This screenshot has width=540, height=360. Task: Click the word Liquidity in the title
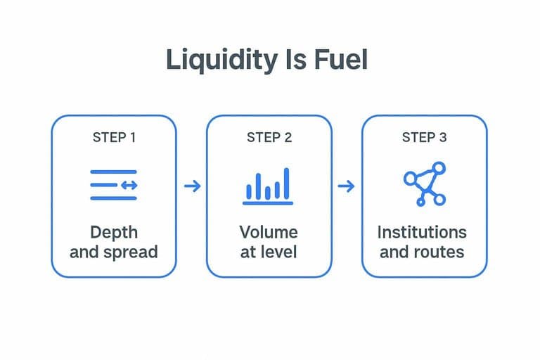(x=221, y=60)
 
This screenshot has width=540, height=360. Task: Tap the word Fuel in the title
(x=341, y=60)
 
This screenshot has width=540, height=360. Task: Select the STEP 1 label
(x=114, y=137)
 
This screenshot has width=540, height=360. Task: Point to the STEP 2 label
(x=269, y=137)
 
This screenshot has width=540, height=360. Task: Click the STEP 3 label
(x=424, y=137)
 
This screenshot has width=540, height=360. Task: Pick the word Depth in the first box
(x=114, y=233)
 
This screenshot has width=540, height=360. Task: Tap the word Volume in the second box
(x=269, y=232)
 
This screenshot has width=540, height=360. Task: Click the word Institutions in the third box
(x=422, y=232)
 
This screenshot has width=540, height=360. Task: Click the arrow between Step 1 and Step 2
(x=192, y=186)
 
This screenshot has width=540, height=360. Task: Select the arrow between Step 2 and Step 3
(x=346, y=186)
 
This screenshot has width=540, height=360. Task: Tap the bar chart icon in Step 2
(x=268, y=186)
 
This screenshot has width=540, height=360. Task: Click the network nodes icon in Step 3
(x=425, y=184)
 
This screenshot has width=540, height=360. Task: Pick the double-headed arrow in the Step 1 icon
(x=129, y=186)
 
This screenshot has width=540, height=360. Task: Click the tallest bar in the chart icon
(x=287, y=184)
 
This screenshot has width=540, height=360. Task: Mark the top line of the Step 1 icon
(x=113, y=172)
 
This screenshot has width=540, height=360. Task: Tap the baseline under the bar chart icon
(x=268, y=203)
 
